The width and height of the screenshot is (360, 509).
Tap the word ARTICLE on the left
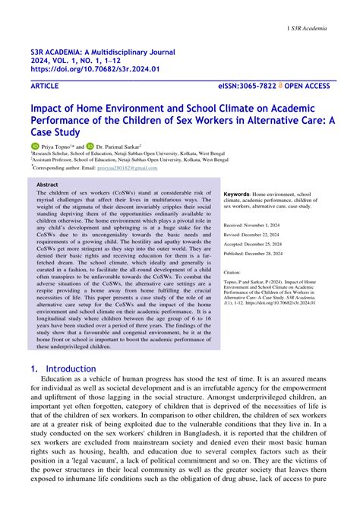click(47, 87)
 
